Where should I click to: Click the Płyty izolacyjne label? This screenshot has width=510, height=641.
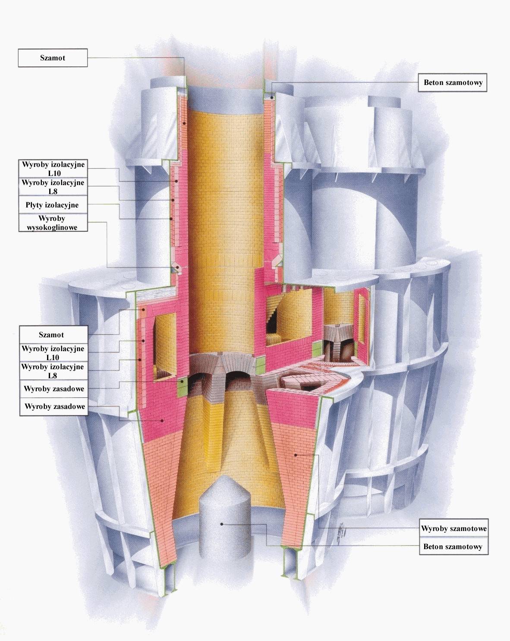pos(53,205)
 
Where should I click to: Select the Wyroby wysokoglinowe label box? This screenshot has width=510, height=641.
pos(53,223)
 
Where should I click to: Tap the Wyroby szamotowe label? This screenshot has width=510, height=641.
pos(454,528)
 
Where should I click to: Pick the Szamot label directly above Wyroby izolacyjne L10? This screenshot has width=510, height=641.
pos(53,335)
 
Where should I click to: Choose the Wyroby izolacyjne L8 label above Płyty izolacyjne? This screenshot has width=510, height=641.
pos(53,187)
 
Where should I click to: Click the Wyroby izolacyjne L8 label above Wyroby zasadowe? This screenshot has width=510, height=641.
pos(53,371)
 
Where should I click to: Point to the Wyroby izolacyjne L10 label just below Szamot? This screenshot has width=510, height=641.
pos(53,353)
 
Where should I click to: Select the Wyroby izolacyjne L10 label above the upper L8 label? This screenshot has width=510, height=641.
pos(53,169)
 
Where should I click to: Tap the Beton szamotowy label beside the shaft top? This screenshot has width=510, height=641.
pos(453,82)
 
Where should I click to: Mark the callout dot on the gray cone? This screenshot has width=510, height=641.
pos(222,524)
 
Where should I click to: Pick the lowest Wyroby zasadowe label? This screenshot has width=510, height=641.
pos(53,407)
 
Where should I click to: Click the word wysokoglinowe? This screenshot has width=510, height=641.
pos(53,227)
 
